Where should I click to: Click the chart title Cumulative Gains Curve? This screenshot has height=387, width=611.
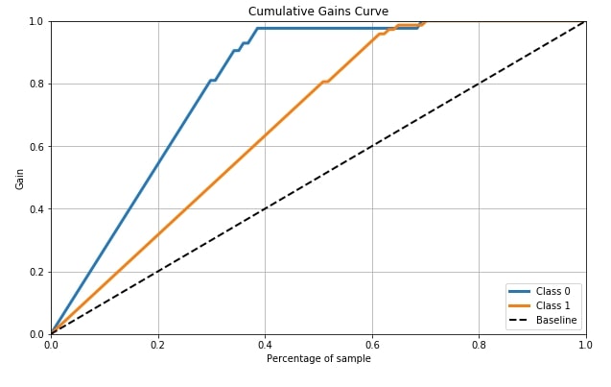(x=318, y=11)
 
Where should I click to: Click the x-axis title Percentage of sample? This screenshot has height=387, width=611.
(x=318, y=358)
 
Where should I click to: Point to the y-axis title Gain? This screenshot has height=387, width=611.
(x=19, y=180)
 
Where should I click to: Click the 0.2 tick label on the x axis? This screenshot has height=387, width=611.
(x=158, y=345)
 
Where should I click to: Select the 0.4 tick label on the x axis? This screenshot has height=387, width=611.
(x=265, y=345)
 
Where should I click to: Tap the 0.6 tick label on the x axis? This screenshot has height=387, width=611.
(x=372, y=345)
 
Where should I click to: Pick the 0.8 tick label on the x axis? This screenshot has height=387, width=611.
(x=479, y=345)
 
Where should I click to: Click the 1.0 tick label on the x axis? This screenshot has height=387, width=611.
(x=585, y=345)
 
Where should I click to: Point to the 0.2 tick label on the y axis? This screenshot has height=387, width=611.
(x=37, y=272)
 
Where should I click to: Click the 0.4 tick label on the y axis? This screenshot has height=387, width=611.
(x=37, y=209)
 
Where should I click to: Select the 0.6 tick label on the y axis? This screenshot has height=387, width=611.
(x=37, y=147)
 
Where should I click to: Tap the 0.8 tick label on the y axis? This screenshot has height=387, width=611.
(x=37, y=84)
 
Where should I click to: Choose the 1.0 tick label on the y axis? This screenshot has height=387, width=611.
(x=37, y=21)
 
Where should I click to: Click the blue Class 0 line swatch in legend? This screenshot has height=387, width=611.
(x=519, y=291)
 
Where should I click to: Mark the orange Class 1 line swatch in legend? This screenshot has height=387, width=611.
(x=519, y=305)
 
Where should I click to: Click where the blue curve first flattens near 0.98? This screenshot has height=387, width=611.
(x=257, y=28)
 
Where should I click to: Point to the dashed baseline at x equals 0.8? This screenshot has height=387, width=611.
(x=479, y=85)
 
